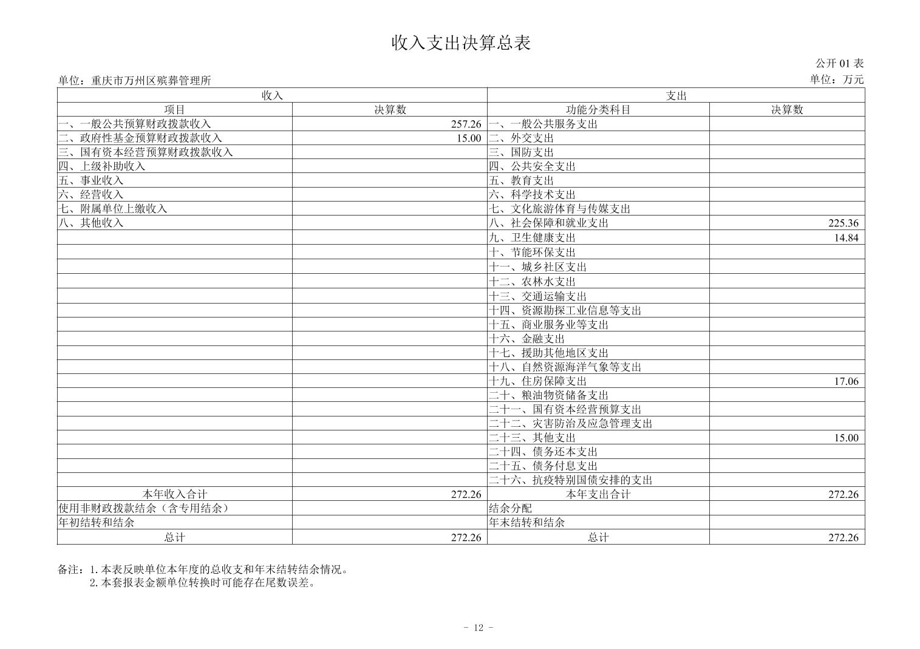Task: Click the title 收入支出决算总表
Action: click(461, 42)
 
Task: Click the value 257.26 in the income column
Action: click(466, 124)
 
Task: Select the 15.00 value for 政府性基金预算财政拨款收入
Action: click(469, 138)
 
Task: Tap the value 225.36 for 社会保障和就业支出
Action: click(843, 223)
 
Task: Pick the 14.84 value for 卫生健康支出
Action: click(846, 237)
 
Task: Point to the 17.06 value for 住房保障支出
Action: click(846, 381)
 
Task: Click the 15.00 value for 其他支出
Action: click(846, 438)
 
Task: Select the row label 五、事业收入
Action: click(91, 180)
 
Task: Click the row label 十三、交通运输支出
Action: click(537, 296)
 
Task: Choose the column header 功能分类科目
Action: click(598, 110)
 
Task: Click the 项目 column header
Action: click(175, 110)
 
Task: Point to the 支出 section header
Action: click(676, 95)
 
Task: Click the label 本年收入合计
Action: click(175, 494)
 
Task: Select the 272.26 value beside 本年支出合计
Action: click(843, 494)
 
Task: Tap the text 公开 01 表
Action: click(839, 63)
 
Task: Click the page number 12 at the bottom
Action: click(478, 628)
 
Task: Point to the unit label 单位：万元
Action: click(836, 80)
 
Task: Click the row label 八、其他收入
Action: click(91, 223)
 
